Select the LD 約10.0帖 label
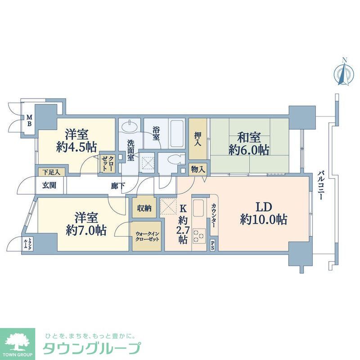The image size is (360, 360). point(264,213)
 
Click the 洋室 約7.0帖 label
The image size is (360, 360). point(86,224)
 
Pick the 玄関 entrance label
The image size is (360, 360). point(49,185)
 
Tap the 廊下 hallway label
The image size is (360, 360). point(118,185)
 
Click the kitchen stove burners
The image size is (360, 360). point(198,236)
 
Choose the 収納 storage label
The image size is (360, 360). point(144,208)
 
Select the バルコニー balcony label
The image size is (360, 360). point(321,185)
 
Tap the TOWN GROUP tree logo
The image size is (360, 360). point(17,342)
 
